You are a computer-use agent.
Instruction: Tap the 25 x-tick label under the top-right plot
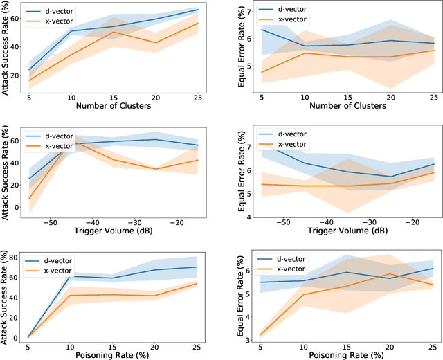tap(433, 97)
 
